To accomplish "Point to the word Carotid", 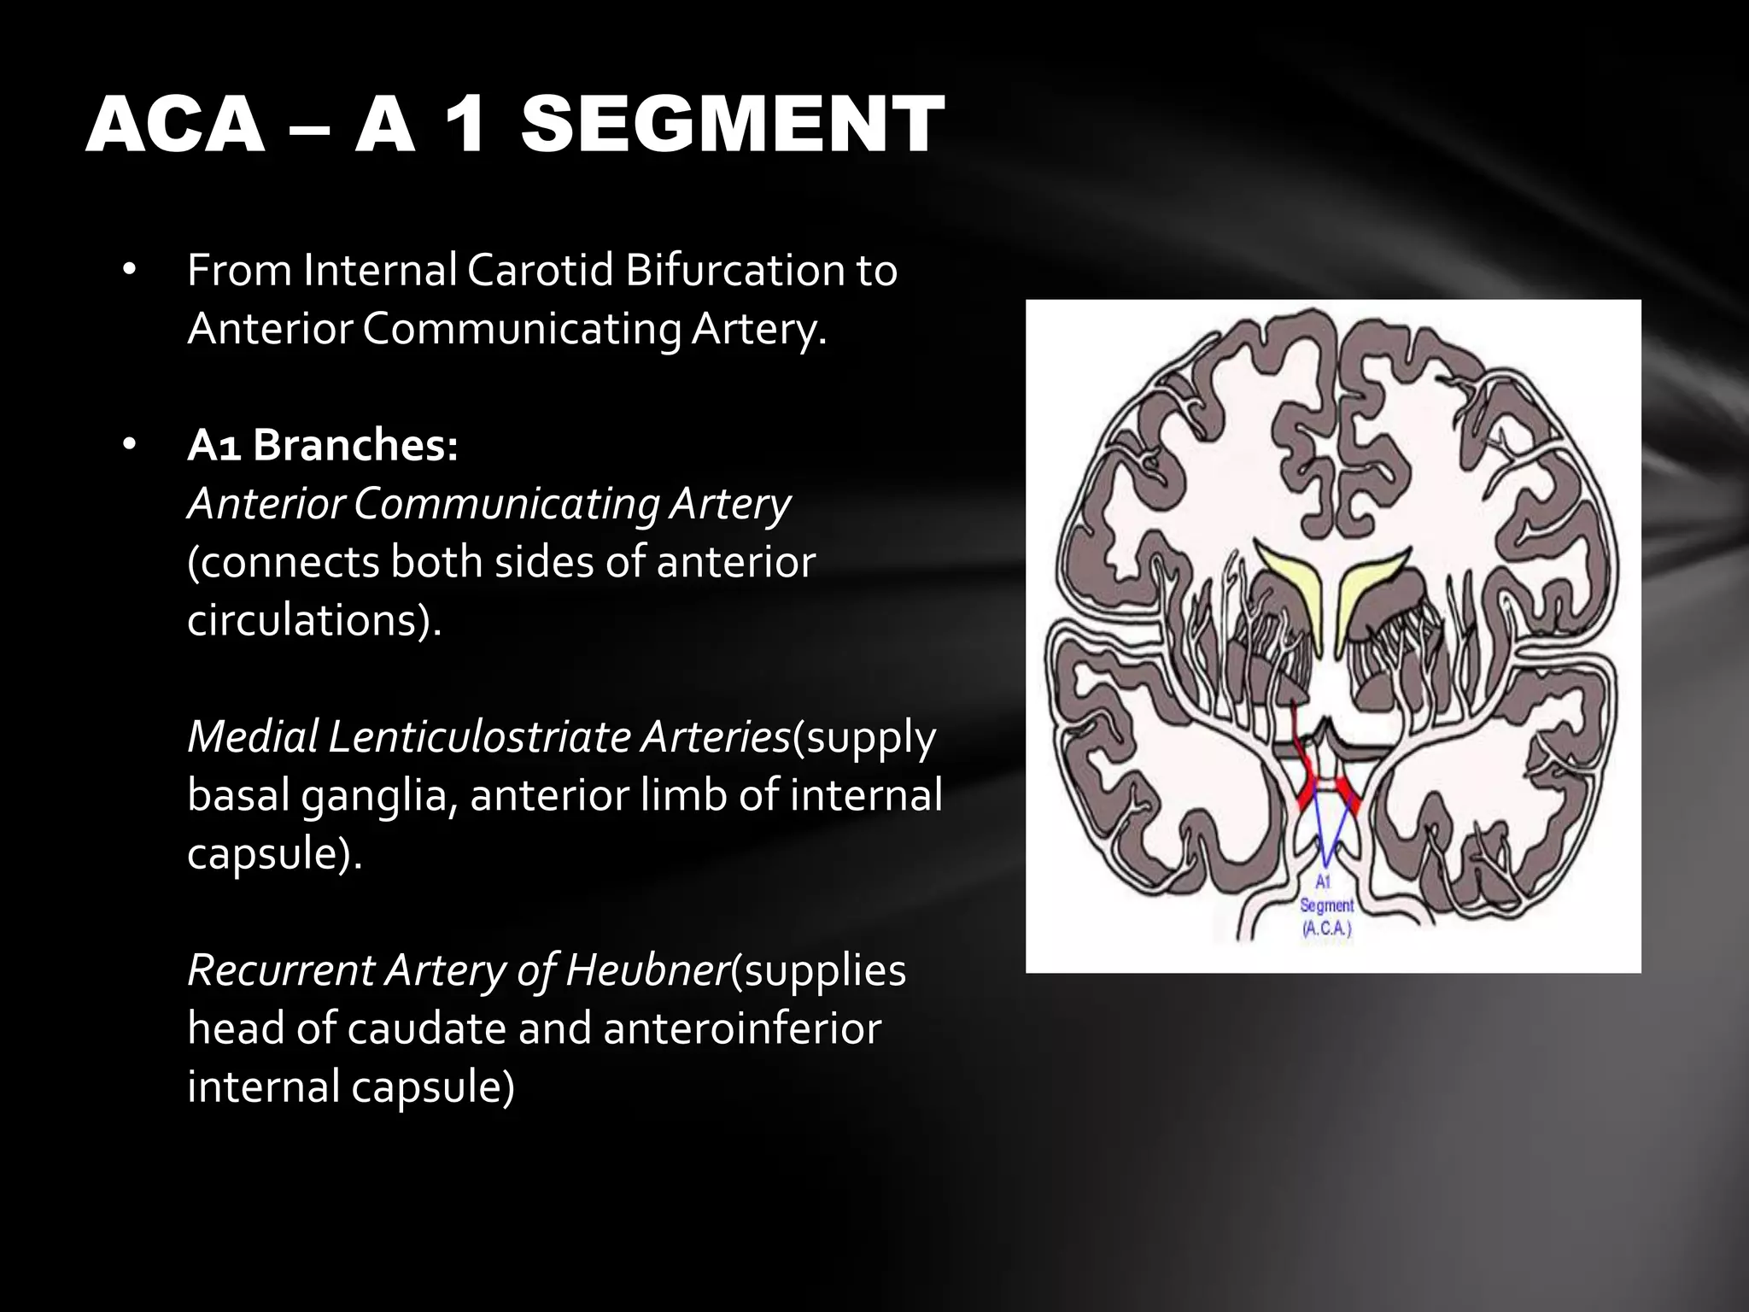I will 541,271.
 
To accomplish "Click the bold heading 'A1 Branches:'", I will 323,445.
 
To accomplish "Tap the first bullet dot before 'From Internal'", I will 129,271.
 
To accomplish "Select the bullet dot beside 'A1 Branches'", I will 129,445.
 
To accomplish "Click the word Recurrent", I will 280,969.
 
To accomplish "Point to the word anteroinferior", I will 741,1028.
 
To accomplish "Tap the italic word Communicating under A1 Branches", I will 506,504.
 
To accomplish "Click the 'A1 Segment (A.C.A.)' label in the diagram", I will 1326,905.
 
